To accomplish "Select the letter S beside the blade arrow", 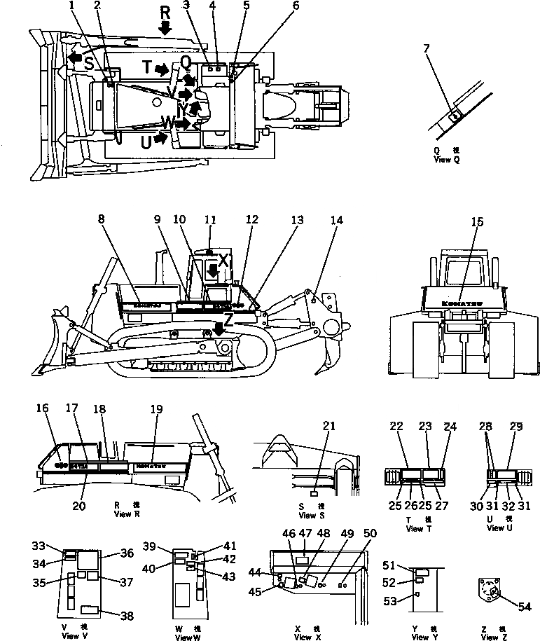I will pyautogui.click(x=89, y=63).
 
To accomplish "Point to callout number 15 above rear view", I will pyautogui.click(x=477, y=223).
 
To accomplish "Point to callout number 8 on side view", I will pyautogui.click(x=102, y=219).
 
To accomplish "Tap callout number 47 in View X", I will pyautogui.click(x=305, y=533).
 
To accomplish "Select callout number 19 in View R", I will pyautogui.click(x=156, y=408).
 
